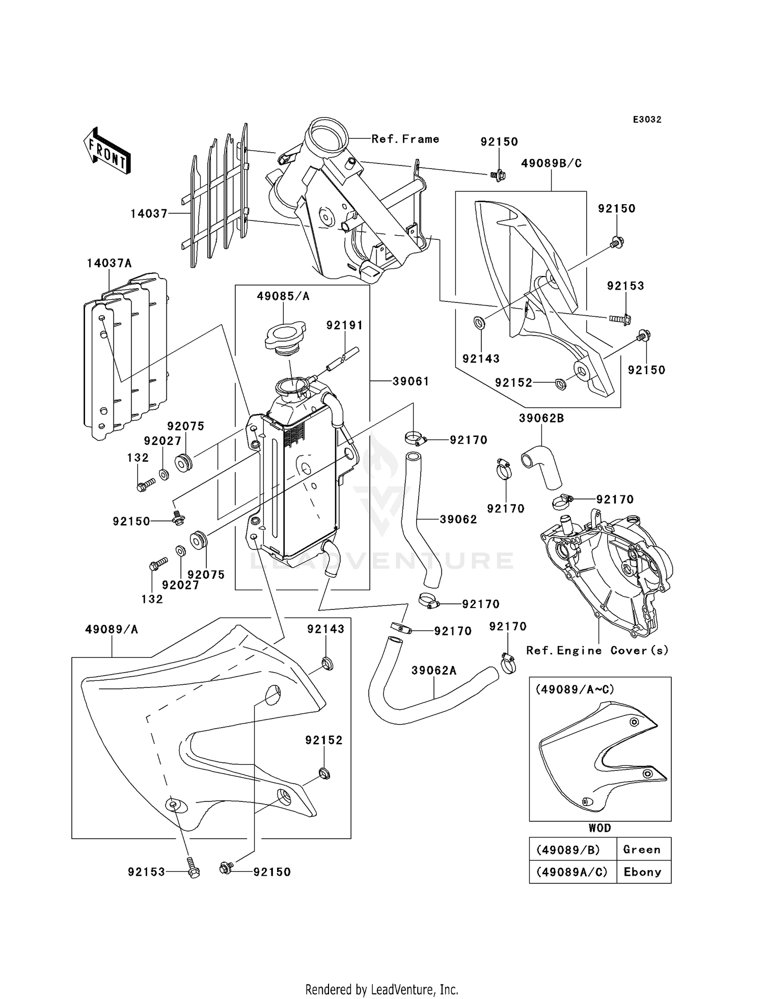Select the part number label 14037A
tap(109, 263)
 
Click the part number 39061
tap(411, 381)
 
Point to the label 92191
tap(345, 325)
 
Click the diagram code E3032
tap(647, 120)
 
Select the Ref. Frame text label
tap(405, 139)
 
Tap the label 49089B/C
tap(551, 163)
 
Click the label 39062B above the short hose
tap(541, 418)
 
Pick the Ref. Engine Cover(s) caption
tap(597, 650)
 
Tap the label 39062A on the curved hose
tap(434, 671)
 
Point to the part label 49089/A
tap(112, 629)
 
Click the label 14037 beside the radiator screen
tap(149, 214)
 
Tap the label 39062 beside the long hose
tap(458, 519)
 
